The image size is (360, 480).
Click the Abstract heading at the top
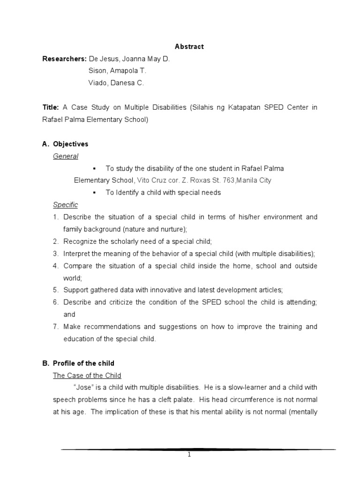(189, 46)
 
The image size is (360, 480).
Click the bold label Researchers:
(64, 59)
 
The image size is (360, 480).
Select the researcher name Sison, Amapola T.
(117, 71)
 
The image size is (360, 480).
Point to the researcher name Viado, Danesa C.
(116, 83)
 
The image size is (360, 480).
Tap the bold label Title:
(51, 107)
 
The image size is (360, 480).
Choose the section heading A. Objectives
(66, 144)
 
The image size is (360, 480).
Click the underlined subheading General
(66, 156)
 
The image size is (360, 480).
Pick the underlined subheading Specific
(66, 205)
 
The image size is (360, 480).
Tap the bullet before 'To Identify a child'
(94, 193)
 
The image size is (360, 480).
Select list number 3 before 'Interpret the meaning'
(55, 254)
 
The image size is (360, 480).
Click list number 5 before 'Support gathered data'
(55, 290)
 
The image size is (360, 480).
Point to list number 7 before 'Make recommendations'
(55, 327)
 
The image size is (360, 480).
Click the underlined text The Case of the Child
(87, 375)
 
